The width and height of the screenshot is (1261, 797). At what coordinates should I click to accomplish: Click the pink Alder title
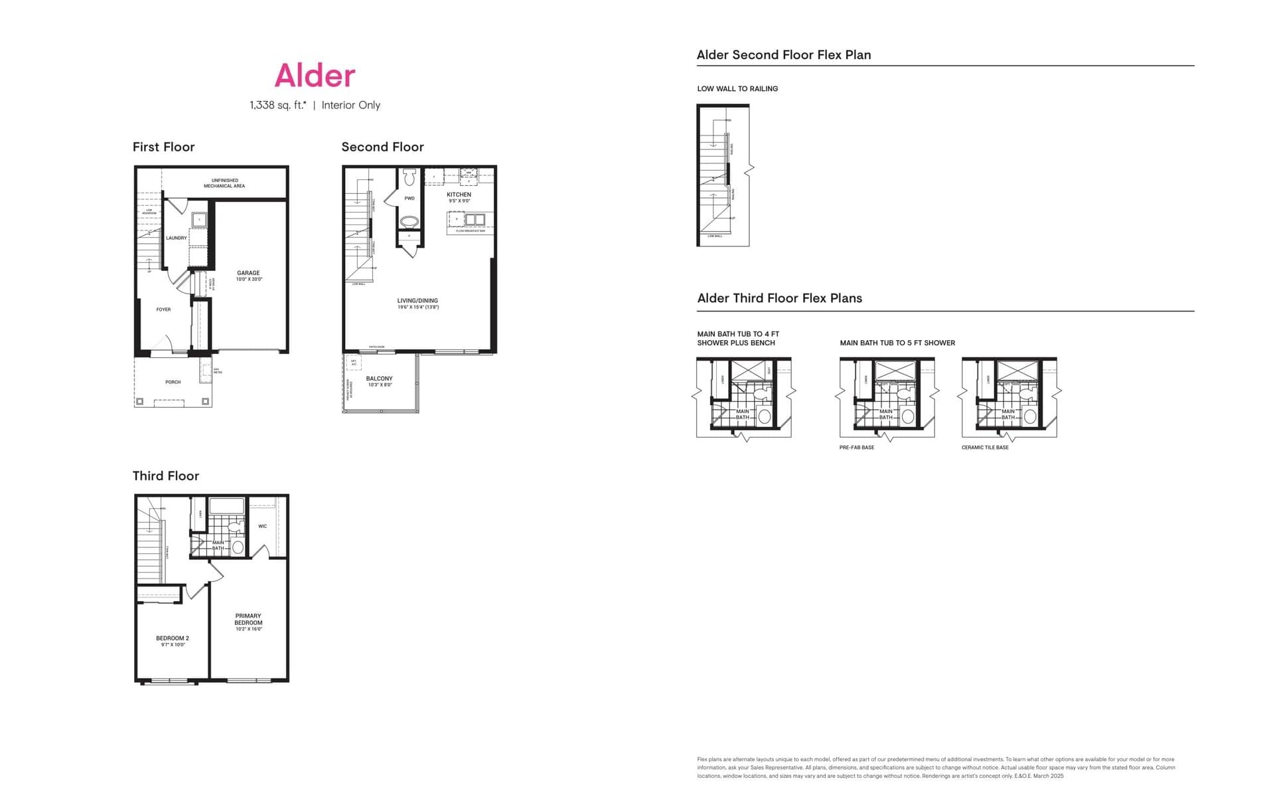(x=315, y=75)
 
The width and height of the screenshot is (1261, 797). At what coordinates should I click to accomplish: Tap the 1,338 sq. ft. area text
(x=277, y=105)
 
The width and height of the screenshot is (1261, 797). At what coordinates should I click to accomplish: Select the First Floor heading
(x=163, y=147)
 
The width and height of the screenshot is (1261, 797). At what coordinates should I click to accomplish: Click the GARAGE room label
(x=249, y=273)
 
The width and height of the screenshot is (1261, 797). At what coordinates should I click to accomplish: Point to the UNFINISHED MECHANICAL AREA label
(x=224, y=183)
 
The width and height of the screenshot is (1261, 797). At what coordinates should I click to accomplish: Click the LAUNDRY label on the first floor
(x=176, y=238)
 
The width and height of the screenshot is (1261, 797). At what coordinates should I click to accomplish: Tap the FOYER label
(x=163, y=310)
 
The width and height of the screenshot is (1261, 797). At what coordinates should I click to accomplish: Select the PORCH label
(x=173, y=382)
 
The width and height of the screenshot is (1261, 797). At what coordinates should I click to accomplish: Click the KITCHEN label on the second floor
(x=459, y=195)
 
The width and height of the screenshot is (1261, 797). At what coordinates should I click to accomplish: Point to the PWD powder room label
(x=409, y=199)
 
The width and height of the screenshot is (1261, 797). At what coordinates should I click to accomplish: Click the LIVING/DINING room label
(x=417, y=301)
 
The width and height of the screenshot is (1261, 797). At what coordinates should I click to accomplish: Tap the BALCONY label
(x=379, y=379)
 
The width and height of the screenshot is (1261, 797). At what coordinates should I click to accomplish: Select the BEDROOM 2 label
(x=173, y=638)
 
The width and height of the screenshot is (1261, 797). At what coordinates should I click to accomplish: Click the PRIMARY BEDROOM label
(x=248, y=619)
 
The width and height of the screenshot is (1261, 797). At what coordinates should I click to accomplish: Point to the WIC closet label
(x=263, y=526)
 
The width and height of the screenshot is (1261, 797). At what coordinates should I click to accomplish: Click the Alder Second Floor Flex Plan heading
(x=783, y=55)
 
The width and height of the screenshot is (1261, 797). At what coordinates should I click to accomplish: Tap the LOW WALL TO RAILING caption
(x=737, y=88)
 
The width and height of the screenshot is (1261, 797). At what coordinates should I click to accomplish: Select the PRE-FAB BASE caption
(x=856, y=448)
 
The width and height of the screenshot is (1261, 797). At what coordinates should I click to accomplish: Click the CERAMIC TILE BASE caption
(x=985, y=448)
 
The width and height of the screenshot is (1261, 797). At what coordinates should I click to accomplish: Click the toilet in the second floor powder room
(x=409, y=177)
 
